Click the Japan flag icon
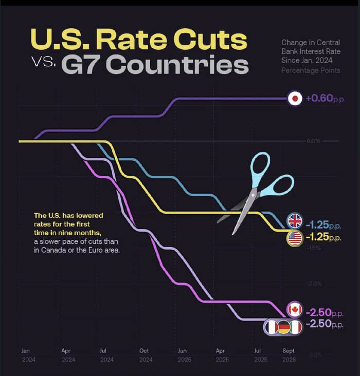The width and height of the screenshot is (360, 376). tap(295, 99)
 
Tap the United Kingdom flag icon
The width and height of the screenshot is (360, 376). tap(295, 221)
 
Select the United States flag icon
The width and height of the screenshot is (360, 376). tap(295, 238)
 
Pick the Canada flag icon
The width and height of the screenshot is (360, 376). tap(295, 309)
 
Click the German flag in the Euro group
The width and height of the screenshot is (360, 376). tap(284, 327)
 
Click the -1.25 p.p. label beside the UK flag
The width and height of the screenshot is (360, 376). tap(323, 225)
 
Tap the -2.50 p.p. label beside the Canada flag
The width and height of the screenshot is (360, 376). tap(323, 312)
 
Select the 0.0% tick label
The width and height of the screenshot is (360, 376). tap(313, 141)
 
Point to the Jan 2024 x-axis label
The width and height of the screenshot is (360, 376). tap(25, 355)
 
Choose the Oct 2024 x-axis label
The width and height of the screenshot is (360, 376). tap(146, 355)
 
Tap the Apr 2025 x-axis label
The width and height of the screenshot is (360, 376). tap(221, 355)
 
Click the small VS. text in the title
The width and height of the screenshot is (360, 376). tap(43, 63)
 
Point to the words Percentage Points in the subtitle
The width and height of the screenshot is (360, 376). tap(310, 70)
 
